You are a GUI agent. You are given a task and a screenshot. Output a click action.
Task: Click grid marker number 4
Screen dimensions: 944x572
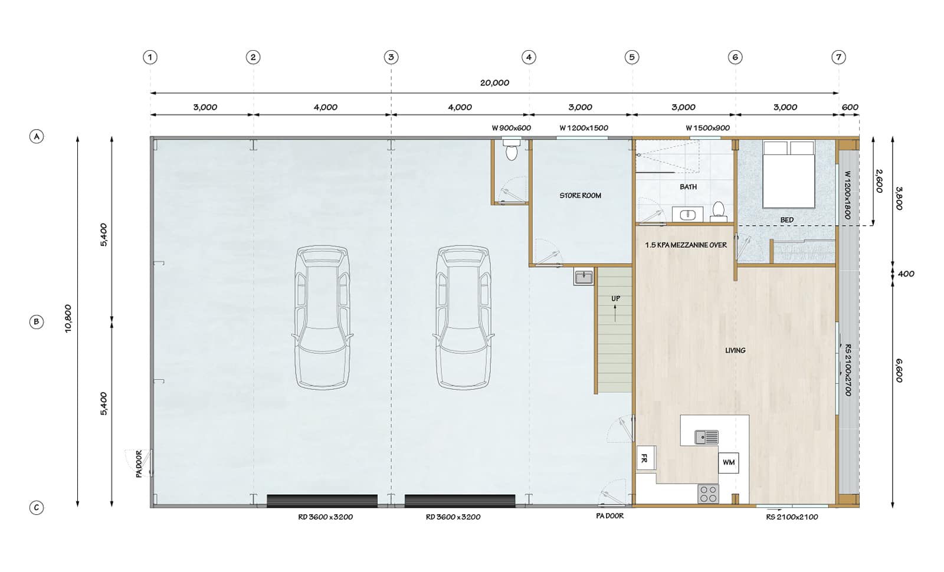coord(529,57)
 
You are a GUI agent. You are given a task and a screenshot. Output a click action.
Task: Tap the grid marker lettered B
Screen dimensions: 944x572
coord(37,322)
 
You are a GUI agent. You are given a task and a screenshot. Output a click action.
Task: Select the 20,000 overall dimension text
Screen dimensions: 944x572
coord(495,83)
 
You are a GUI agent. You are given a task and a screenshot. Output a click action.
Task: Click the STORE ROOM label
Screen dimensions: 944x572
coord(581,195)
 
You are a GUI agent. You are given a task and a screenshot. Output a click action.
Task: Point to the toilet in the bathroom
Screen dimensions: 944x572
coord(719,211)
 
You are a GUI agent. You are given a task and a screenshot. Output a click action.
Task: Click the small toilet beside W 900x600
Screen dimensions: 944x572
coord(512,150)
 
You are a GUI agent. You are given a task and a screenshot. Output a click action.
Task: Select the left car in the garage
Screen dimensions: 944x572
coord(322,318)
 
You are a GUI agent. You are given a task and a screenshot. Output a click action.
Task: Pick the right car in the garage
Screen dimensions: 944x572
coord(464,318)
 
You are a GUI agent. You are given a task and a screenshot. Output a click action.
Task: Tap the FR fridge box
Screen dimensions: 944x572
coord(645,458)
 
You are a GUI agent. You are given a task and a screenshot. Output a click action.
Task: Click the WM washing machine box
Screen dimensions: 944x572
coord(729,462)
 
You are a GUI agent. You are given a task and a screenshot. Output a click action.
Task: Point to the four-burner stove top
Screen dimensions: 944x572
coord(708,494)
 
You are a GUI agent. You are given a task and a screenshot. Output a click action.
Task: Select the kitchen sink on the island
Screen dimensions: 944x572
coord(707,437)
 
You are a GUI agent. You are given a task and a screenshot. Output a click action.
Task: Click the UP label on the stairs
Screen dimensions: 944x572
coord(616,298)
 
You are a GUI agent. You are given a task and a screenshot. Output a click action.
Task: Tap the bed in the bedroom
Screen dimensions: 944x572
coord(788,175)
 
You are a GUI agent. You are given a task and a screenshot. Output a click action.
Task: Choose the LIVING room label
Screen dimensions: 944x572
coord(735,350)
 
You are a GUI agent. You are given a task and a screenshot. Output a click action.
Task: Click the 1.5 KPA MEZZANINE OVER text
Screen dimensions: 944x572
coord(686,245)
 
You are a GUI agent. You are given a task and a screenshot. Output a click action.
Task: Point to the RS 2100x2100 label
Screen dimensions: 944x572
coord(792,517)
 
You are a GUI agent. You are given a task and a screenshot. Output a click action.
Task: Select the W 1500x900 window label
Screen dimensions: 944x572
coord(707,128)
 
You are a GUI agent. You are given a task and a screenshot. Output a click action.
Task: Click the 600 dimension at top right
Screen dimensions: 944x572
coord(850,107)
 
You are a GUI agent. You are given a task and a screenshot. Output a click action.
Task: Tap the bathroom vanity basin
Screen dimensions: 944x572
coord(687,214)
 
